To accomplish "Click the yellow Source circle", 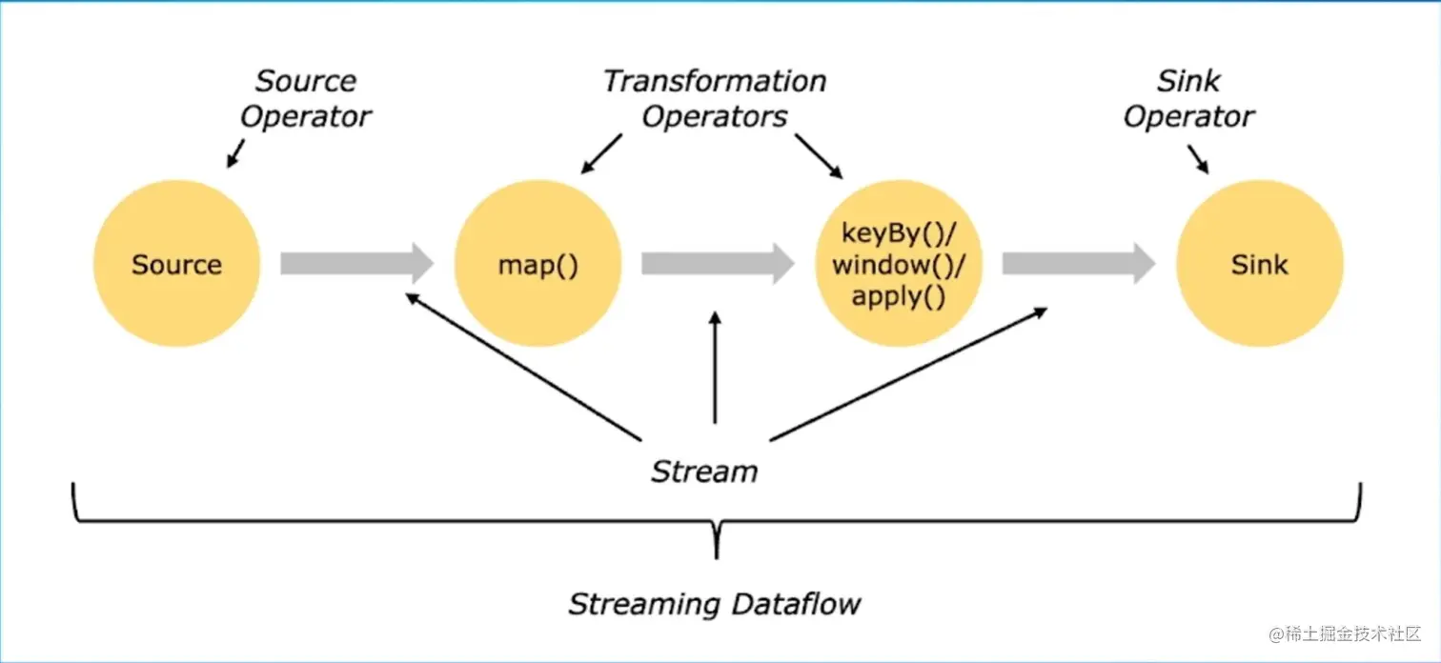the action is click(x=177, y=264).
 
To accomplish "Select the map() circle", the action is click(x=538, y=264).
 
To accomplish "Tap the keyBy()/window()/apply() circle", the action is click(x=899, y=264).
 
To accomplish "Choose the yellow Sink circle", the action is click(x=1260, y=264).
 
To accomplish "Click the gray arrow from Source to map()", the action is click(x=357, y=263).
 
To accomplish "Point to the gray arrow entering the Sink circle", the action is click(x=1079, y=263).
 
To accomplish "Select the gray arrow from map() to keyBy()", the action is click(x=718, y=263).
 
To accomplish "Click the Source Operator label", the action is click(x=306, y=98).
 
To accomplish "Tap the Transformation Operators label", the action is click(x=715, y=98).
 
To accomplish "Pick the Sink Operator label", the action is click(x=1188, y=98).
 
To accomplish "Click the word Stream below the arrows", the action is click(x=704, y=472).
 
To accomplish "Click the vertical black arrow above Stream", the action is click(x=715, y=368).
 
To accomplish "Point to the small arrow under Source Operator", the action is click(x=235, y=153).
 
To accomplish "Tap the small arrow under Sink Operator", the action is click(x=1198, y=159).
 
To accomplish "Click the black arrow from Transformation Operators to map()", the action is click(x=601, y=153).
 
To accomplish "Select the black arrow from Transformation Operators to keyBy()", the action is click(x=819, y=156).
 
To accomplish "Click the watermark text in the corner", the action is click(x=1345, y=634).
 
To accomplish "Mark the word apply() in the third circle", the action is click(x=899, y=296).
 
